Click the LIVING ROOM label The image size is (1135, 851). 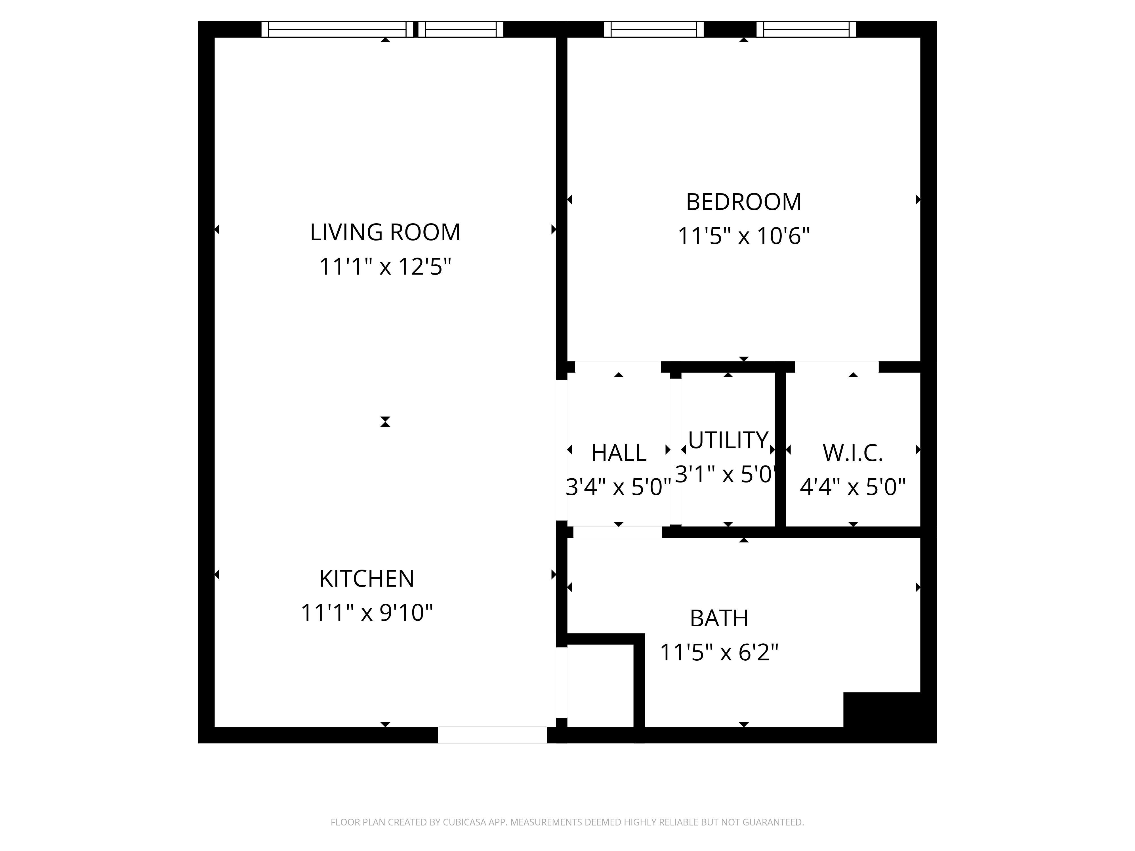pos(385,232)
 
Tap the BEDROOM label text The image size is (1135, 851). pos(743,202)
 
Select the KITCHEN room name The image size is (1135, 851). pos(366,579)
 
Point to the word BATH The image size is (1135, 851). pos(719,619)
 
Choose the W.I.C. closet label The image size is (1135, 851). pos(853,453)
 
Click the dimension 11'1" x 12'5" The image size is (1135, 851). pos(385,267)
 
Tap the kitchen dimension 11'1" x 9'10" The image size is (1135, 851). pos(366,612)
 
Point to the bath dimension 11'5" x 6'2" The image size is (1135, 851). pos(719,652)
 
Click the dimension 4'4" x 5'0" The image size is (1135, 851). pos(853,487)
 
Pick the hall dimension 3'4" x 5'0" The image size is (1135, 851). pos(618,487)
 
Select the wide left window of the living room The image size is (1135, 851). pos(338,29)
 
